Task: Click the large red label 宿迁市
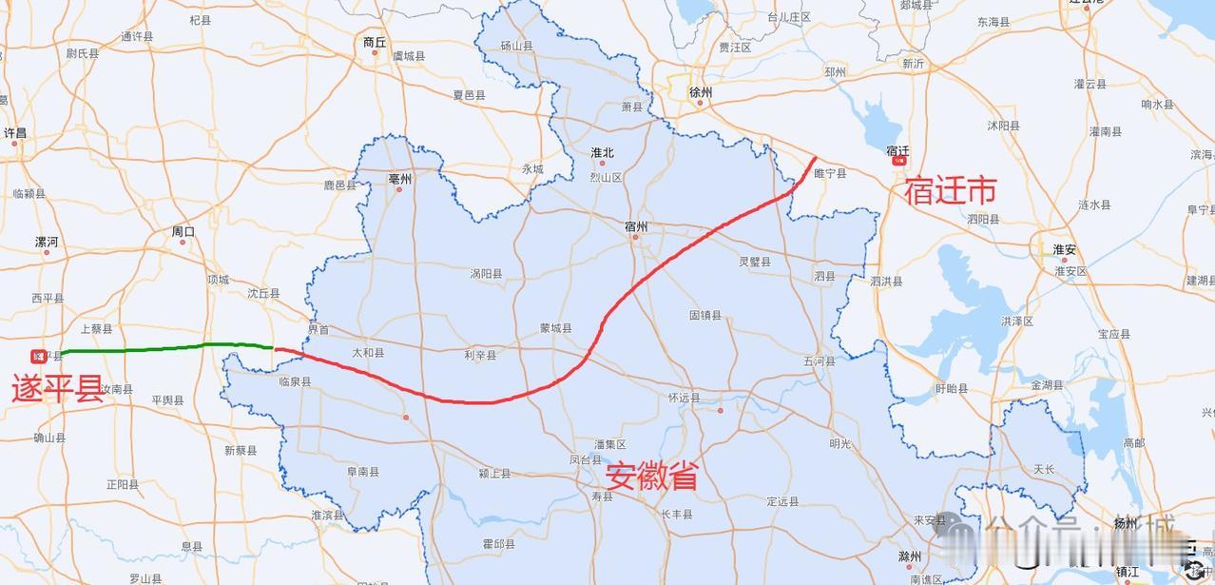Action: click(950, 192)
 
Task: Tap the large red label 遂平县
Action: click(57, 389)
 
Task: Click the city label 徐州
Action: click(701, 92)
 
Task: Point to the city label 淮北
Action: click(602, 152)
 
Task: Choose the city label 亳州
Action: click(400, 179)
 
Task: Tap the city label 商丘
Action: click(375, 42)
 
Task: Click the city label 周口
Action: click(183, 231)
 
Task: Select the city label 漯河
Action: click(47, 242)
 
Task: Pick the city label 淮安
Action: click(1064, 249)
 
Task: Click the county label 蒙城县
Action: click(555, 328)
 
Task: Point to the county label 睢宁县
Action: click(830, 174)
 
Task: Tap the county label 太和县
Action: click(369, 353)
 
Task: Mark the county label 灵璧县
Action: click(755, 261)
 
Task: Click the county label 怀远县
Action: click(684, 399)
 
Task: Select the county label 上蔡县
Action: click(96, 329)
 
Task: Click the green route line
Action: click(152, 348)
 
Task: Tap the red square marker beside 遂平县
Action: click(38, 357)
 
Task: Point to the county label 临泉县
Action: click(295, 381)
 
